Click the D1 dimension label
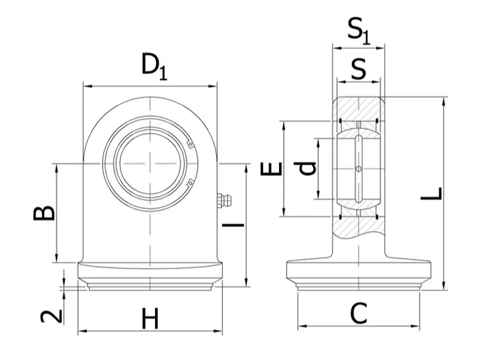click(154, 67)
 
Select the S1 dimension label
click(359, 31)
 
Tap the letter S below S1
click(358, 69)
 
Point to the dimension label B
click(44, 214)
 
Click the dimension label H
click(150, 318)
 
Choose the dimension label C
click(358, 313)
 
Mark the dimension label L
click(432, 194)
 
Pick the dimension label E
click(271, 169)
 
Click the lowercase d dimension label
click(305, 168)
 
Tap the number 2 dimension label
click(51, 316)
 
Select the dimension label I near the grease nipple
click(233, 225)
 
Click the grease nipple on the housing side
click(224, 201)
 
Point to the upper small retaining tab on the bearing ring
click(190, 144)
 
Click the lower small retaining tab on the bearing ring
click(190, 182)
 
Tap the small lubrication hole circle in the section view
click(358, 168)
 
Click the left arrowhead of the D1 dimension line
click(88, 86)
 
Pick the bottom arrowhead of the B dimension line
click(57, 258)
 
